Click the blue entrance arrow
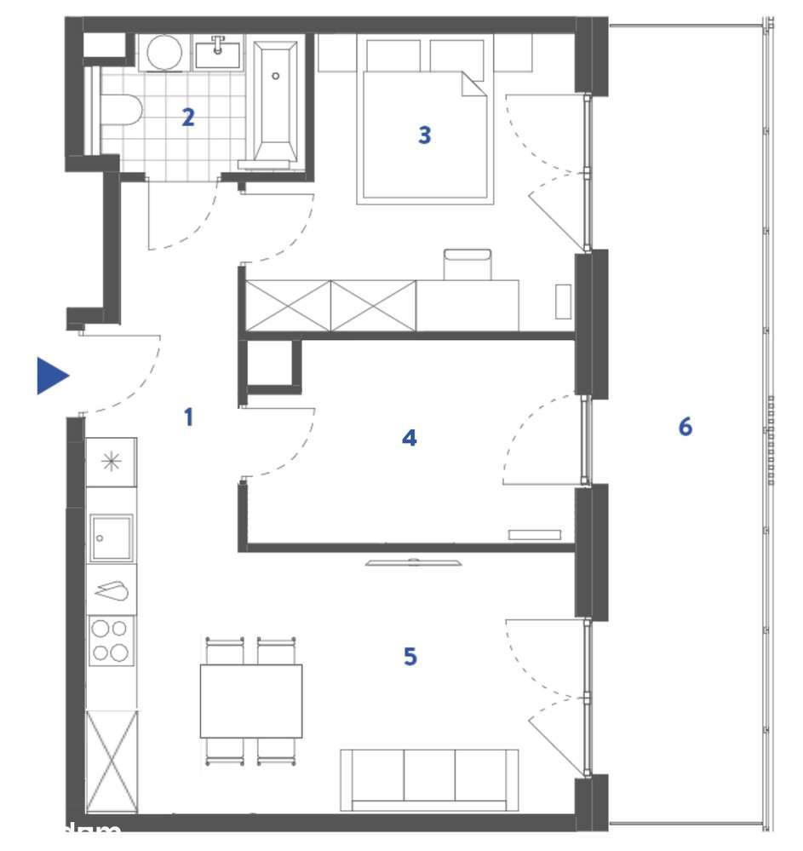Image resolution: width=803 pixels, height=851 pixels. [x=51, y=376]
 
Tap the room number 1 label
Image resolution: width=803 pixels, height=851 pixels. [x=188, y=417]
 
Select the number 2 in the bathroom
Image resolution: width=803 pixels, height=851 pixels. [x=188, y=118]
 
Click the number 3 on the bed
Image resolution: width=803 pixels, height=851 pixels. [x=424, y=135]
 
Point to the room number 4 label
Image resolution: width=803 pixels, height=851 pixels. [x=410, y=438]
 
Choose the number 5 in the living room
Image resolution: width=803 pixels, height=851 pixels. [x=410, y=657]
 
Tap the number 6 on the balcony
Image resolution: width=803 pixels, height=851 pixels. [x=685, y=427]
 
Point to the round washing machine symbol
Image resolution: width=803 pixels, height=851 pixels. [x=163, y=52]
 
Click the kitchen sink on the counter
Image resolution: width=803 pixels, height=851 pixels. [x=112, y=538]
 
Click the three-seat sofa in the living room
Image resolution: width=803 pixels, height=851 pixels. [x=429, y=778]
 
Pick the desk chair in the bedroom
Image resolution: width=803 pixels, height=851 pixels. [x=467, y=264]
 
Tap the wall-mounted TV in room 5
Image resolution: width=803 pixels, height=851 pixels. [x=414, y=562]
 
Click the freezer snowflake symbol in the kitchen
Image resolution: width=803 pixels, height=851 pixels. [x=112, y=463]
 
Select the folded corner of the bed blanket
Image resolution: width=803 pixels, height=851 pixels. [x=473, y=84]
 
